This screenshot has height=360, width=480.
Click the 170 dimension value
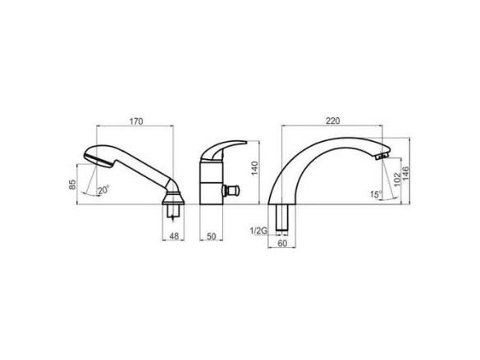point(136,121)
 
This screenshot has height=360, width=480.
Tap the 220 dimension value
point(333,121)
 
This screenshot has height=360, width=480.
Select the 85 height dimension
point(72,185)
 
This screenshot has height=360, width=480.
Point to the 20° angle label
point(103,190)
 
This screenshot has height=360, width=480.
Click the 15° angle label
point(376,194)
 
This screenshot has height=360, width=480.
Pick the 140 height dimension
point(254,168)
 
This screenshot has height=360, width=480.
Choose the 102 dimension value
point(397,180)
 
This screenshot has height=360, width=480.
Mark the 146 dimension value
point(405,174)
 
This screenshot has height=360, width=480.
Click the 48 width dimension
point(174,236)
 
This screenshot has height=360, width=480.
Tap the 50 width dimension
point(211,236)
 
